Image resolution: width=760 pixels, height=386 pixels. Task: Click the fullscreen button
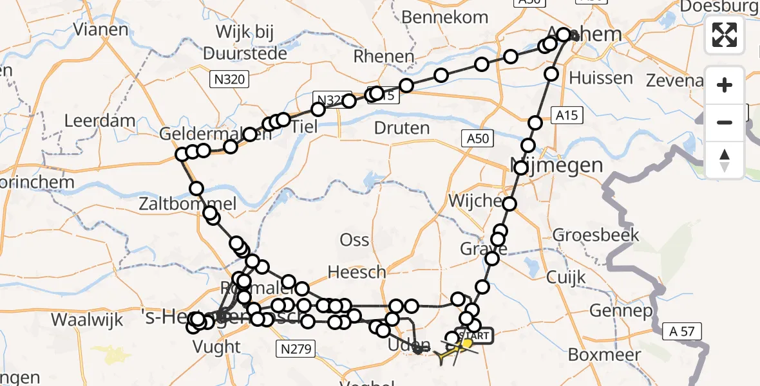pyautogui.click(x=725, y=35)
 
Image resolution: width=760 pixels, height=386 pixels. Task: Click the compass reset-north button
pyautogui.click(x=725, y=160)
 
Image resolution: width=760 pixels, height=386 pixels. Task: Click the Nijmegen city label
pyautogui.click(x=557, y=165)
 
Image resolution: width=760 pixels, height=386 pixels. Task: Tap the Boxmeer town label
pyautogui.click(x=604, y=354)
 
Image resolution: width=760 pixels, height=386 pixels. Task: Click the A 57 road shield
pyautogui.click(x=682, y=331)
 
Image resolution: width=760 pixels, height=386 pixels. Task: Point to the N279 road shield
pyautogui.click(x=296, y=349)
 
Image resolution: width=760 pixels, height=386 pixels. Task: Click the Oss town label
pyautogui.click(x=354, y=241)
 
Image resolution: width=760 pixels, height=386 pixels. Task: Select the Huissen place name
pyautogui.click(x=601, y=78)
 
